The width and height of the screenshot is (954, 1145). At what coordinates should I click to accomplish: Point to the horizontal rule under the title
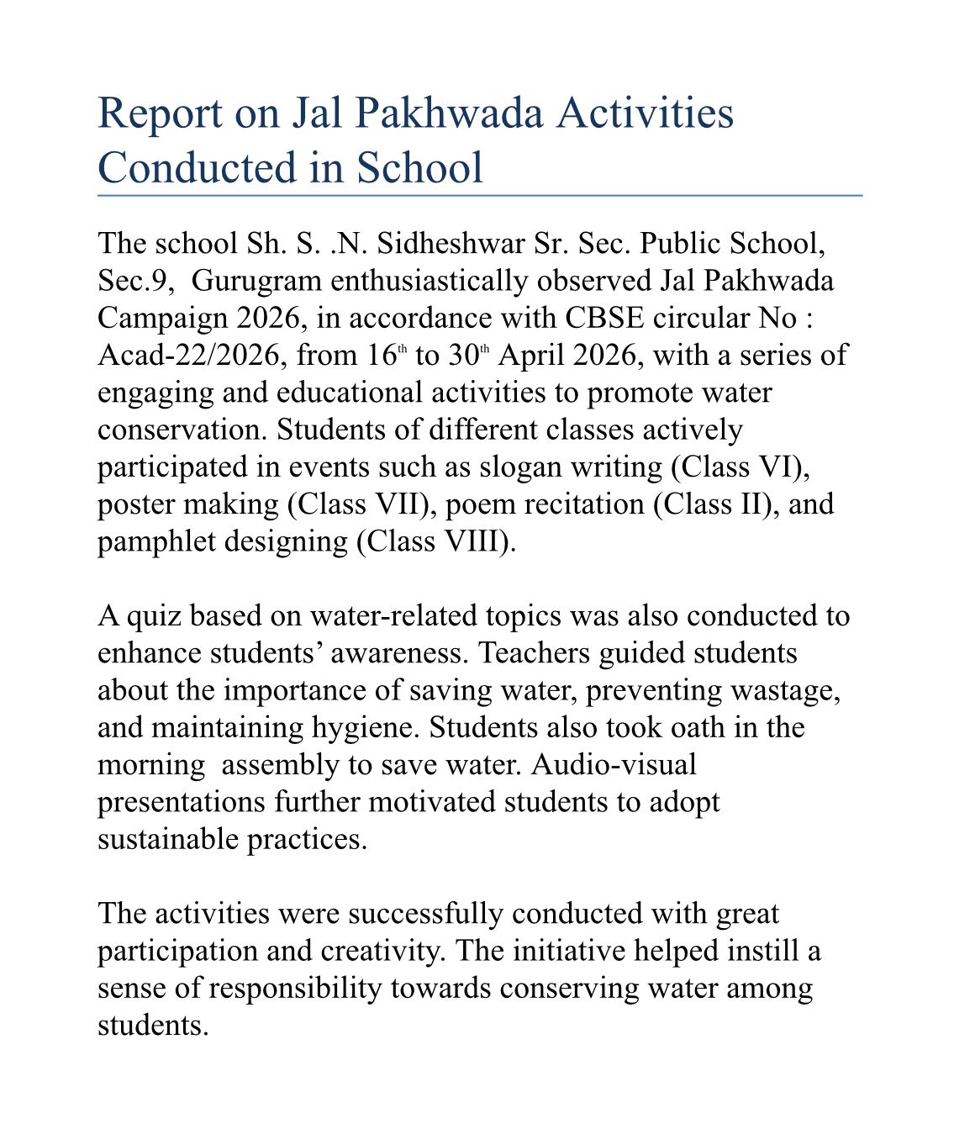[479, 195]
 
